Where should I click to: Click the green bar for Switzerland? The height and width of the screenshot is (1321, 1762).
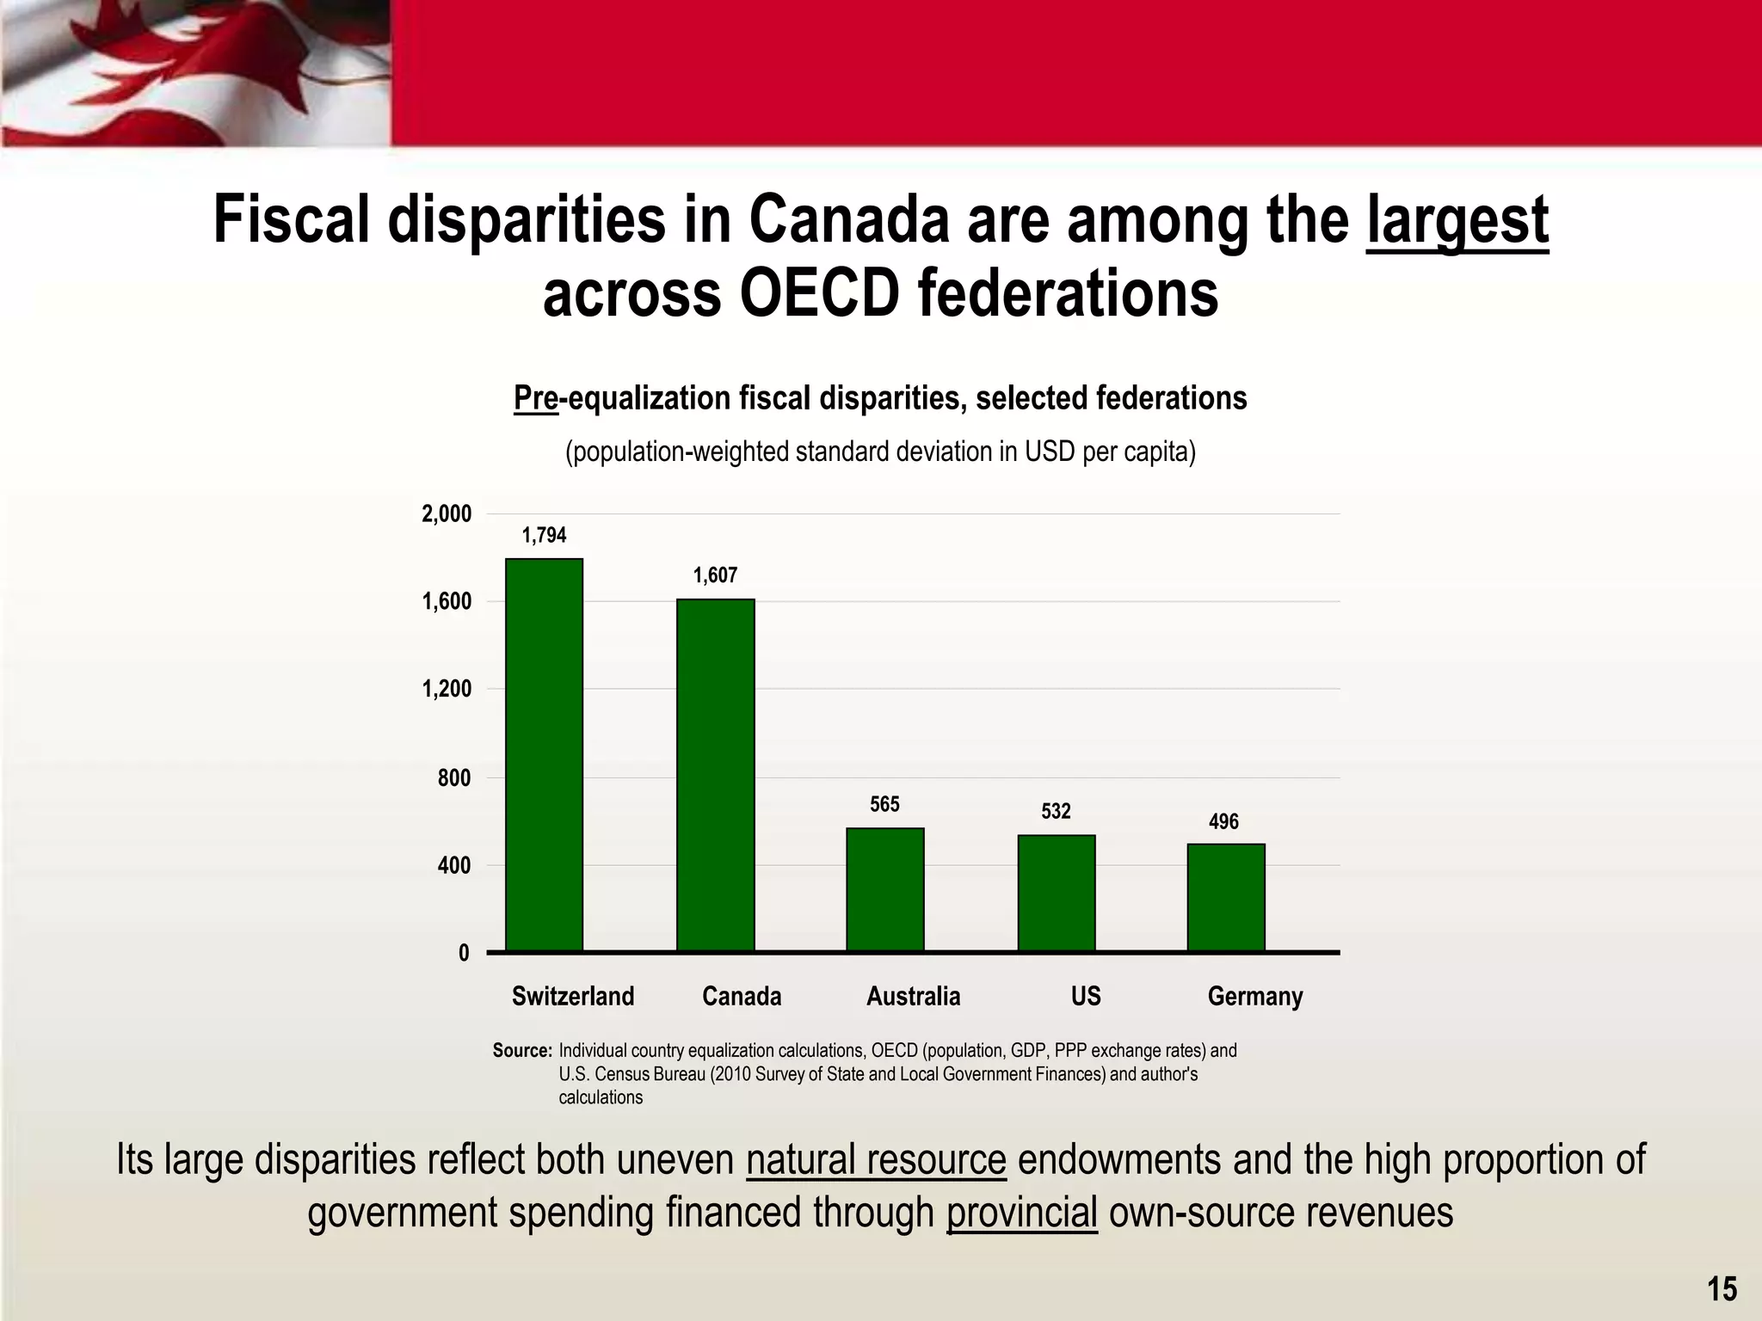click(x=544, y=755)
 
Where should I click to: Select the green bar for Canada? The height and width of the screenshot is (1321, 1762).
click(x=715, y=775)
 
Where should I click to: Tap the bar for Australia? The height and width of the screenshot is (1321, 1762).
click(x=884, y=889)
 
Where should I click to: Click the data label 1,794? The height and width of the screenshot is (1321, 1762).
click(x=544, y=536)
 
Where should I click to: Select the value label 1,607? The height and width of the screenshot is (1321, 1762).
click(x=715, y=575)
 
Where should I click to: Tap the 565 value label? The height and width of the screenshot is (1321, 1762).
click(x=884, y=804)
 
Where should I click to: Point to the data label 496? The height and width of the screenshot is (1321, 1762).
click(x=1223, y=822)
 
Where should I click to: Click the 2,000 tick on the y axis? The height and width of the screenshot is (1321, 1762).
click(x=447, y=514)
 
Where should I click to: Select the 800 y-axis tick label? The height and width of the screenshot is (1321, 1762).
click(x=453, y=778)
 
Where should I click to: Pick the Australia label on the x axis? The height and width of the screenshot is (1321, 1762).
click(x=913, y=997)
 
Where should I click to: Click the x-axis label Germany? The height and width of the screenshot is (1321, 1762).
click(x=1254, y=997)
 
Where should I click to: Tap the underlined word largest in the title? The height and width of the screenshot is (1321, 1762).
click(x=1457, y=220)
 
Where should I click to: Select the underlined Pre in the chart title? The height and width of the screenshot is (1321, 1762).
click(x=535, y=398)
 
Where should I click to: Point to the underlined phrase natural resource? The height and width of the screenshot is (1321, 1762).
click(x=876, y=1159)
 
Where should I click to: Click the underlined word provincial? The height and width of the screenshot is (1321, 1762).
click(x=1021, y=1213)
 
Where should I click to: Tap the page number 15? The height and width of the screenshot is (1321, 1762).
click(x=1722, y=1288)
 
